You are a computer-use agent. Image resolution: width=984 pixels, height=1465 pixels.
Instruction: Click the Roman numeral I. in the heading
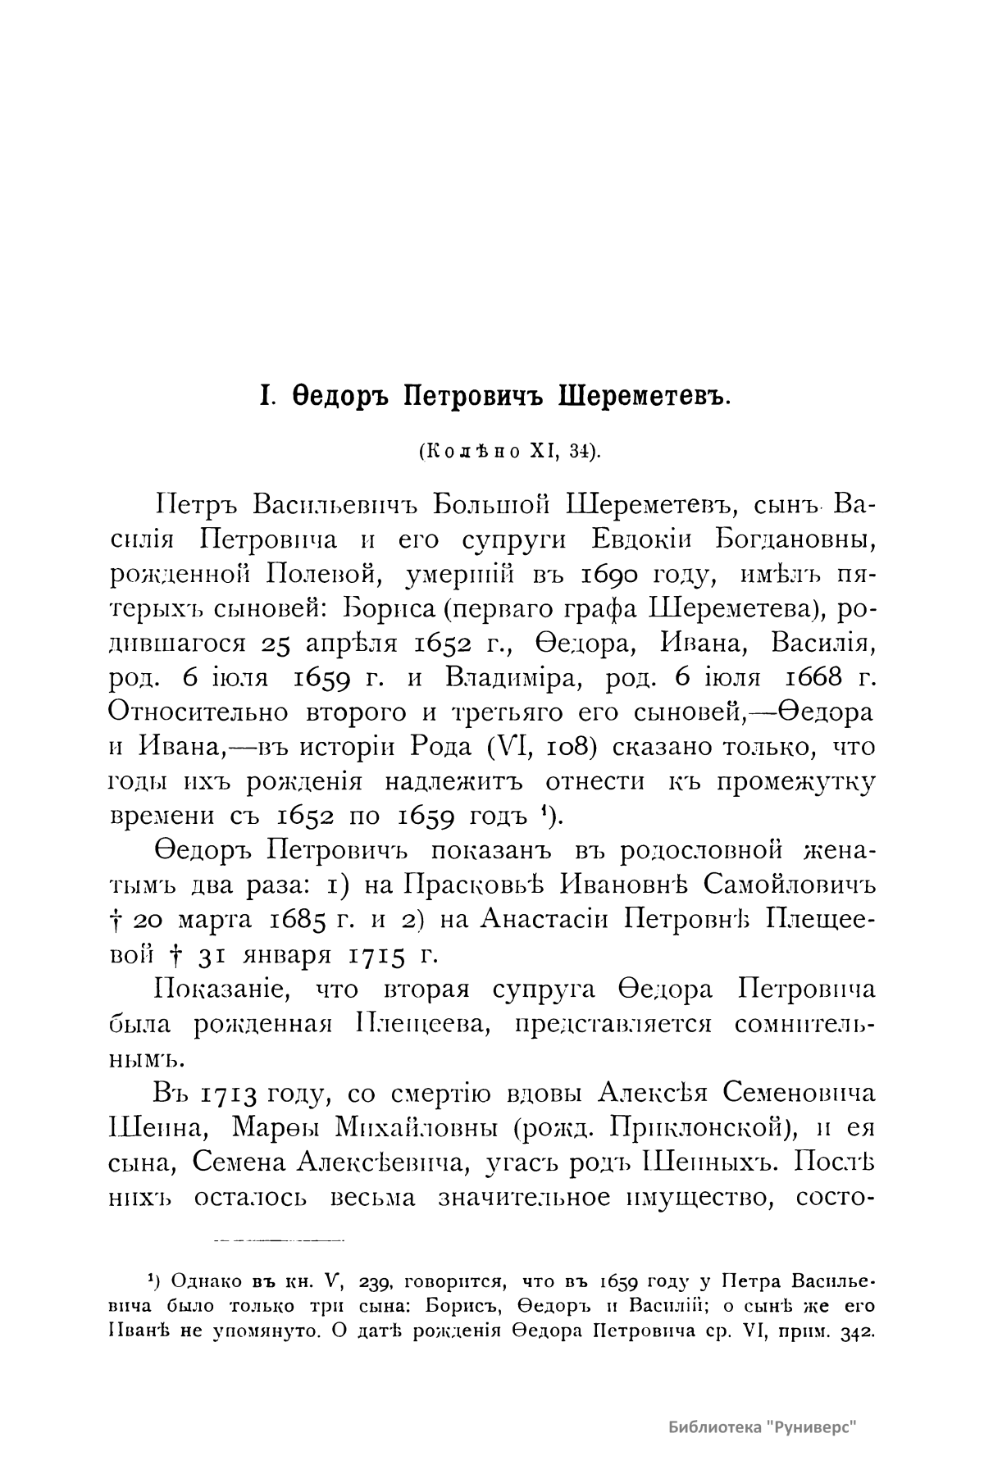coord(266,398)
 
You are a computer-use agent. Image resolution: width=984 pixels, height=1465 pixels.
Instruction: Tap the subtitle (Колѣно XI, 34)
coord(509,452)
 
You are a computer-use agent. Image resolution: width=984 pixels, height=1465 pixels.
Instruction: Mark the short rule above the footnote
coord(280,1240)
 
